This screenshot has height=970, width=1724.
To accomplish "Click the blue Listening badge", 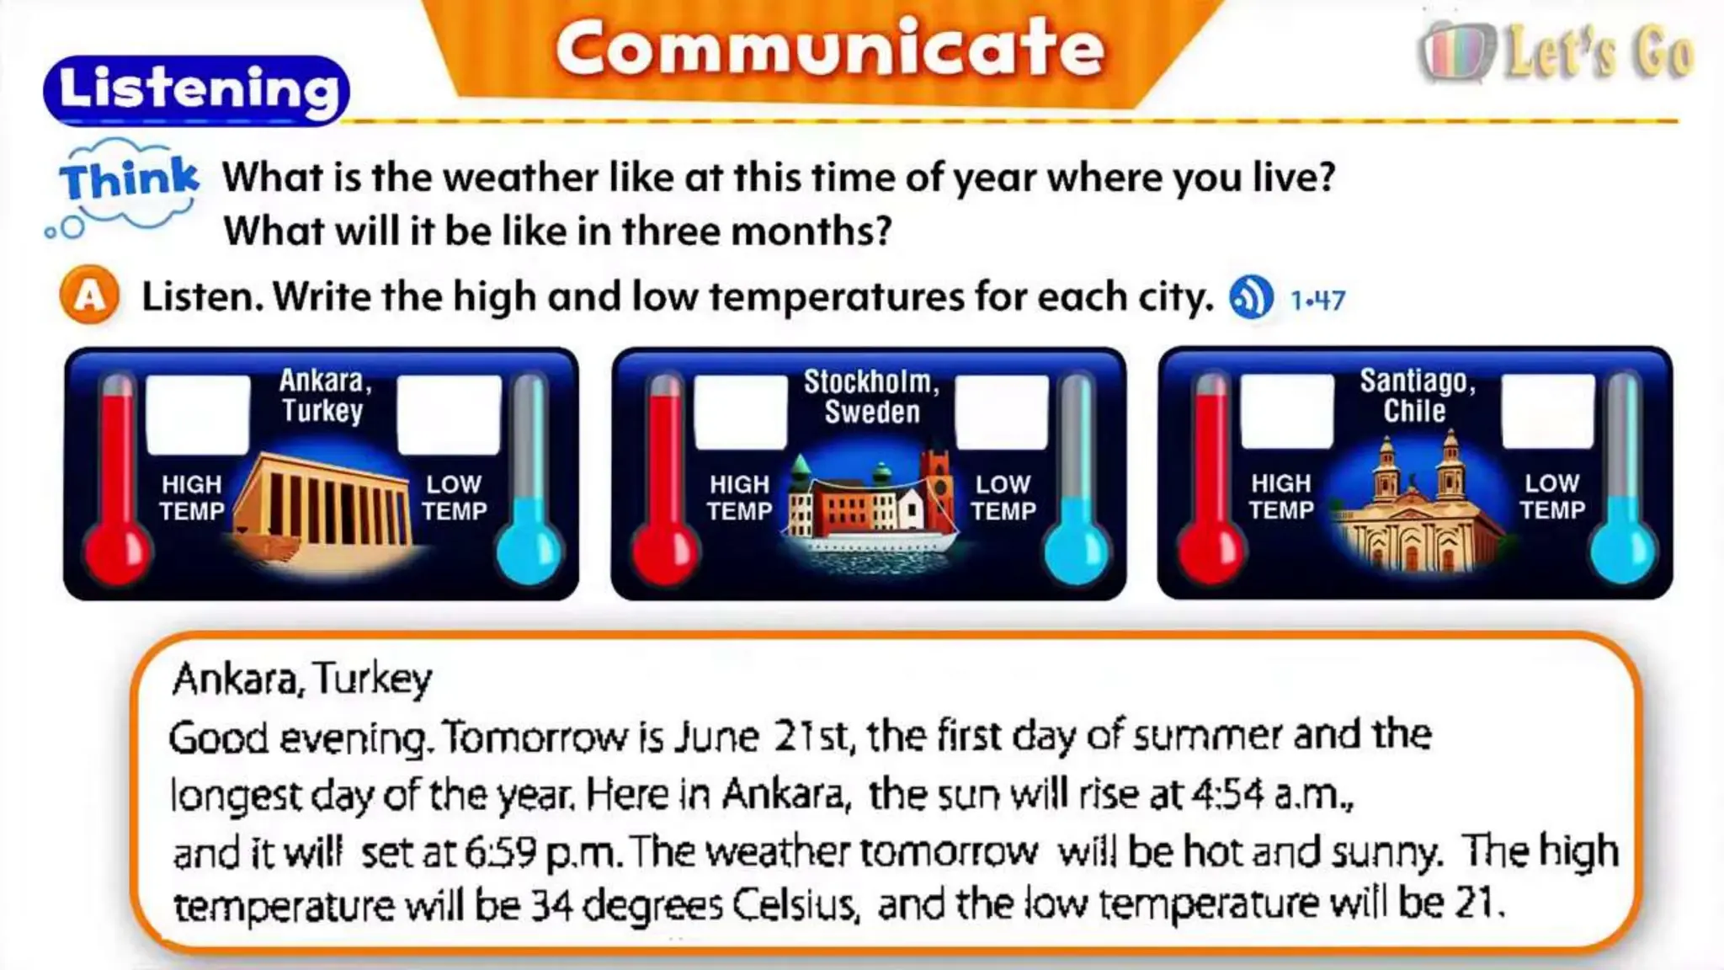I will pyautogui.click(x=196, y=90).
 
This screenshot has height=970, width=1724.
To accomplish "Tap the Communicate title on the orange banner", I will pyautogui.click(x=829, y=49).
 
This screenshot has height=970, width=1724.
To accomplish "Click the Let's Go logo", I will pyautogui.click(x=1557, y=52).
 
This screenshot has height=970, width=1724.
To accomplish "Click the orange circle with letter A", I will pyautogui.click(x=89, y=296).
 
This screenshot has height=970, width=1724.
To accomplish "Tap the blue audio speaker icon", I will pyautogui.click(x=1251, y=297).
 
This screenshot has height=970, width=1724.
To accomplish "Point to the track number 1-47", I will pyautogui.click(x=1318, y=300).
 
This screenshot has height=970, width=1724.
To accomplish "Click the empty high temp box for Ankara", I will pyautogui.click(x=198, y=414).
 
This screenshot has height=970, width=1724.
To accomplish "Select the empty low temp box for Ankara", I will pyautogui.click(x=450, y=414).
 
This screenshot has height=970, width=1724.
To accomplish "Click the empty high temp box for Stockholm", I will pyautogui.click(x=741, y=413).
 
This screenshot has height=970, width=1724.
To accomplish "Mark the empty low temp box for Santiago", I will pyautogui.click(x=1548, y=411).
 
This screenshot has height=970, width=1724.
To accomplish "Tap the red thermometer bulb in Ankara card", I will pyautogui.click(x=118, y=552).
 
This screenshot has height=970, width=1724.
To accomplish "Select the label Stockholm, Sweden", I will pyautogui.click(x=871, y=397).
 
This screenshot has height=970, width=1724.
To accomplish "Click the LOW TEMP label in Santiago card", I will pyautogui.click(x=1552, y=497).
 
